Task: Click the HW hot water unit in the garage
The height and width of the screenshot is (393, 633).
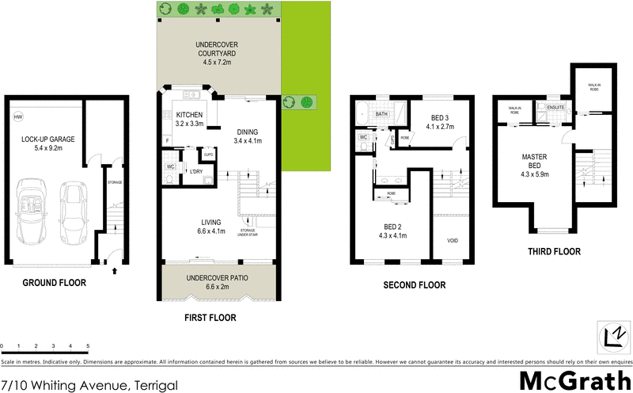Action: (17, 117)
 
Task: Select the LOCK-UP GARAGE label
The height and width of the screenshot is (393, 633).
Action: (44, 143)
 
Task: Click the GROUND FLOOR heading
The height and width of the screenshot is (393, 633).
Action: (54, 283)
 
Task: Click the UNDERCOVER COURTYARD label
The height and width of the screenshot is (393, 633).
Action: (218, 48)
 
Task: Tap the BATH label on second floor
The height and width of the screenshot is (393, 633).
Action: (381, 114)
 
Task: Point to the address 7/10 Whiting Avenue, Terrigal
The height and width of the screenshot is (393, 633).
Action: (89, 385)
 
